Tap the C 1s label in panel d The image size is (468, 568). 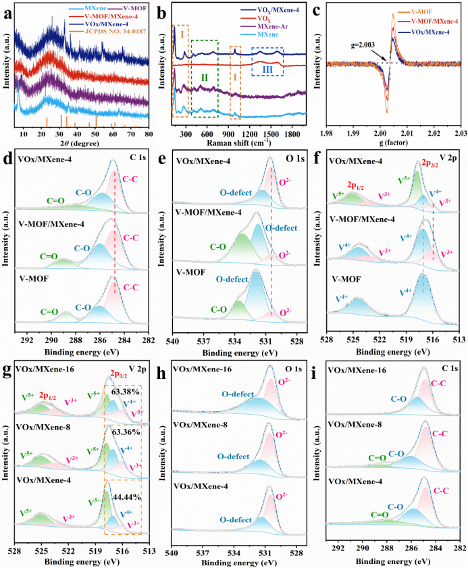pos(138,160)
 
